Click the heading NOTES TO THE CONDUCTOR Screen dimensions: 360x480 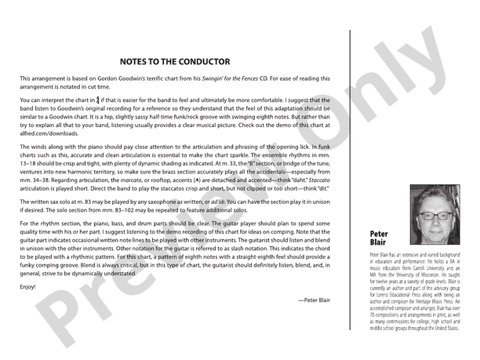[175, 60]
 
